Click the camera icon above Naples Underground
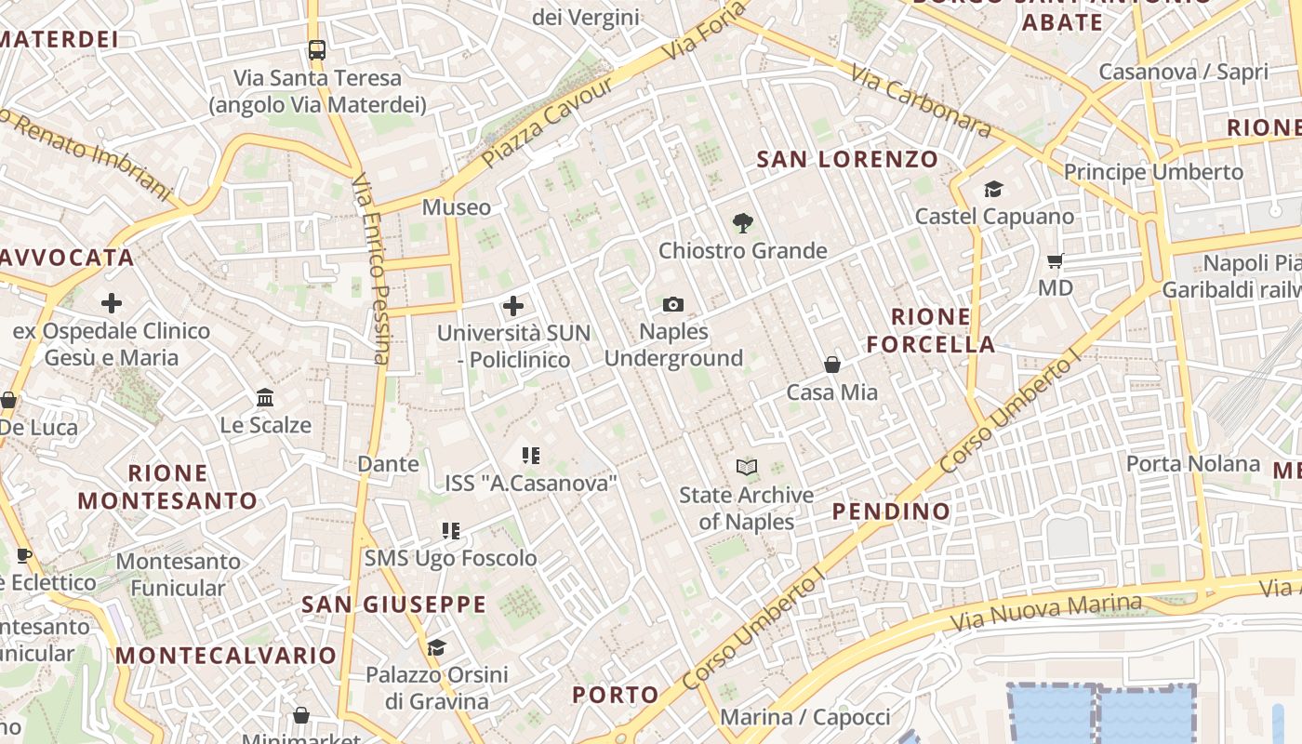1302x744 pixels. (673, 304)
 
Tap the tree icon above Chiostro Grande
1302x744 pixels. (742, 223)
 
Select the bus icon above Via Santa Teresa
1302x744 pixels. (317, 50)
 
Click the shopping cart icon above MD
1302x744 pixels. (1055, 261)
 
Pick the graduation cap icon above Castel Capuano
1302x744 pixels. (993, 190)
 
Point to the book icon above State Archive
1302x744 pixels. (746, 467)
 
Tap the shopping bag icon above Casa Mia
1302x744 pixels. (832, 365)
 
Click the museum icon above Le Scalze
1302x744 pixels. (265, 398)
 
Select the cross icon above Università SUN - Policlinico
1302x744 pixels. (512, 305)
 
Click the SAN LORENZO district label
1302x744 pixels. (847, 159)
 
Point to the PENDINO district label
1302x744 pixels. (891, 511)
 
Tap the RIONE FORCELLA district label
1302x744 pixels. (931, 330)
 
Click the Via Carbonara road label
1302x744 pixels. (920, 100)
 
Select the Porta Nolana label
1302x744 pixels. (1193, 463)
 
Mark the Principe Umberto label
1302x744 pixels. (1153, 172)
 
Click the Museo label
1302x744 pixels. (456, 206)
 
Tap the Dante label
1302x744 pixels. (388, 463)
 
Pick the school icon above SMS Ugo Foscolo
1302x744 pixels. (451, 531)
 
